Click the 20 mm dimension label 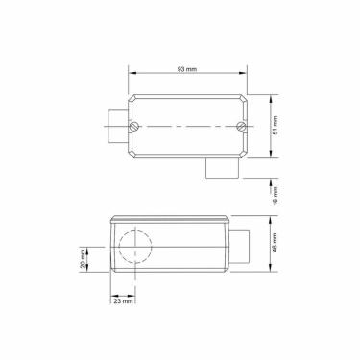pyautogui.click(x=84, y=259)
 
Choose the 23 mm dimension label pyautogui.click(x=124, y=301)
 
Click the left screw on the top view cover pyautogui.click(x=138, y=127)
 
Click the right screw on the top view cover pyautogui.click(x=240, y=127)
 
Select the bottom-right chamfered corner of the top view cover pyautogui.click(x=247, y=156)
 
